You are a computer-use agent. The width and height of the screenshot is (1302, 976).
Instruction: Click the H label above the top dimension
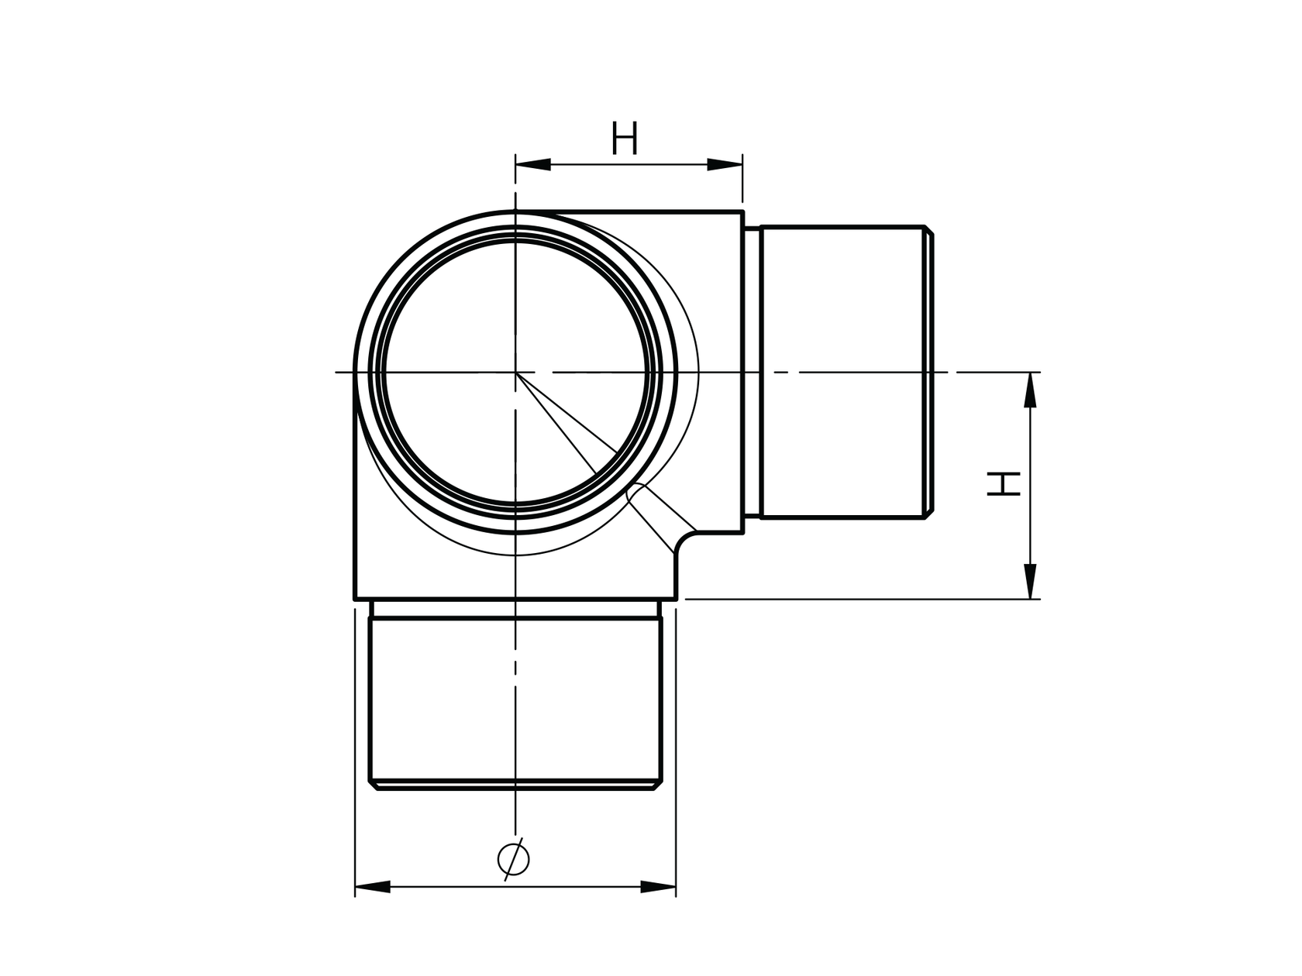pyautogui.click(x=625, y=139)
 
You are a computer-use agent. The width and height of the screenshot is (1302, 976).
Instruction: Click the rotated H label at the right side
pyautogui.click(x=1003, y=485)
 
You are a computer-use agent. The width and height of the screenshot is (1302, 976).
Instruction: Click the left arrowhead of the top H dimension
pyautogui.click(x=533, y=164)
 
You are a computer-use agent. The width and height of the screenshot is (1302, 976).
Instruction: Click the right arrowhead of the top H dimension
pyautogui.click(x=725, y=164)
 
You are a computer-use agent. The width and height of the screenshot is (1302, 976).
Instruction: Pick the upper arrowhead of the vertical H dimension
pyautogui.click(x=1030, y=390)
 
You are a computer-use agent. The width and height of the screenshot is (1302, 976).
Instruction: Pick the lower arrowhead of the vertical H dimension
pyautogui.click(x=1030, y=582)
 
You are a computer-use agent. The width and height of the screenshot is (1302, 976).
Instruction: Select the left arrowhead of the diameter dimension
pyautogui.click(x=373, y=886)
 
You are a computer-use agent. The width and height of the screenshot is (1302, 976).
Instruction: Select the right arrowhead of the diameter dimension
pyautogui.click(x=658, y=886)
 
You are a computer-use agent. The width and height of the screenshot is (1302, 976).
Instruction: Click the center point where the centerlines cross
pyautogui.click(x=515, y=373)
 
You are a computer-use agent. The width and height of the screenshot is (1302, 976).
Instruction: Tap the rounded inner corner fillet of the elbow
pyautogui.click(x=682, y=545)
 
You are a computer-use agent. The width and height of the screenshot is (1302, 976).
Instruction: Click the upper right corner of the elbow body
pyautogui.click(x=742, y=211)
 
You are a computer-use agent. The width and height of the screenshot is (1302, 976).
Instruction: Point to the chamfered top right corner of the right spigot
pyautogui.click(x=928, y=230)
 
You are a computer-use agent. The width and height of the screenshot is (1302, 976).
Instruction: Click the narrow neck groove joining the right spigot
pyautogui.click(x=752, y=372)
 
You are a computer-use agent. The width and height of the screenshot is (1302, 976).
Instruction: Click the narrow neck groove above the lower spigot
pyautogui.click(x=515, y=608)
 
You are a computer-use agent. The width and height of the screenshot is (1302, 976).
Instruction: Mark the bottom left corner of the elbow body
pyautogui.click(x=356, y=599)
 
